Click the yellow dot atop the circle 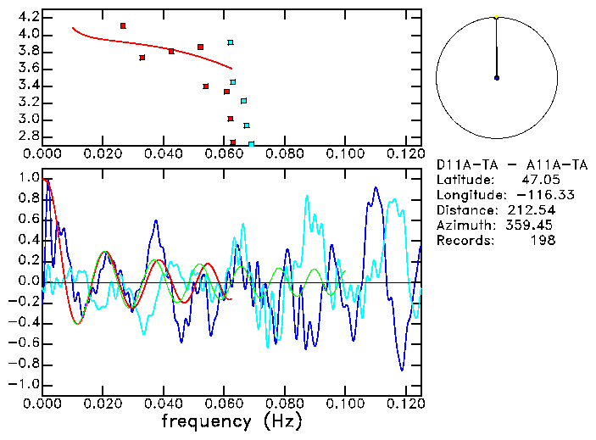pos(496,17)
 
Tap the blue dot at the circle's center pos(496,78)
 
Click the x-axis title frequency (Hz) pos(231,421)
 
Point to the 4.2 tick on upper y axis pos(26,17)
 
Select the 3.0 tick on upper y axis pos(26,120)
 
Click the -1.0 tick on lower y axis pos(22,384)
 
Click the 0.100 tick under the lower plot pos(345,403)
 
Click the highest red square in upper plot pos(123,26)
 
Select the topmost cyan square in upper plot pos(230,42)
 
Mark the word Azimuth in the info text pos(463,226)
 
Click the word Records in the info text pos(463,241)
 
